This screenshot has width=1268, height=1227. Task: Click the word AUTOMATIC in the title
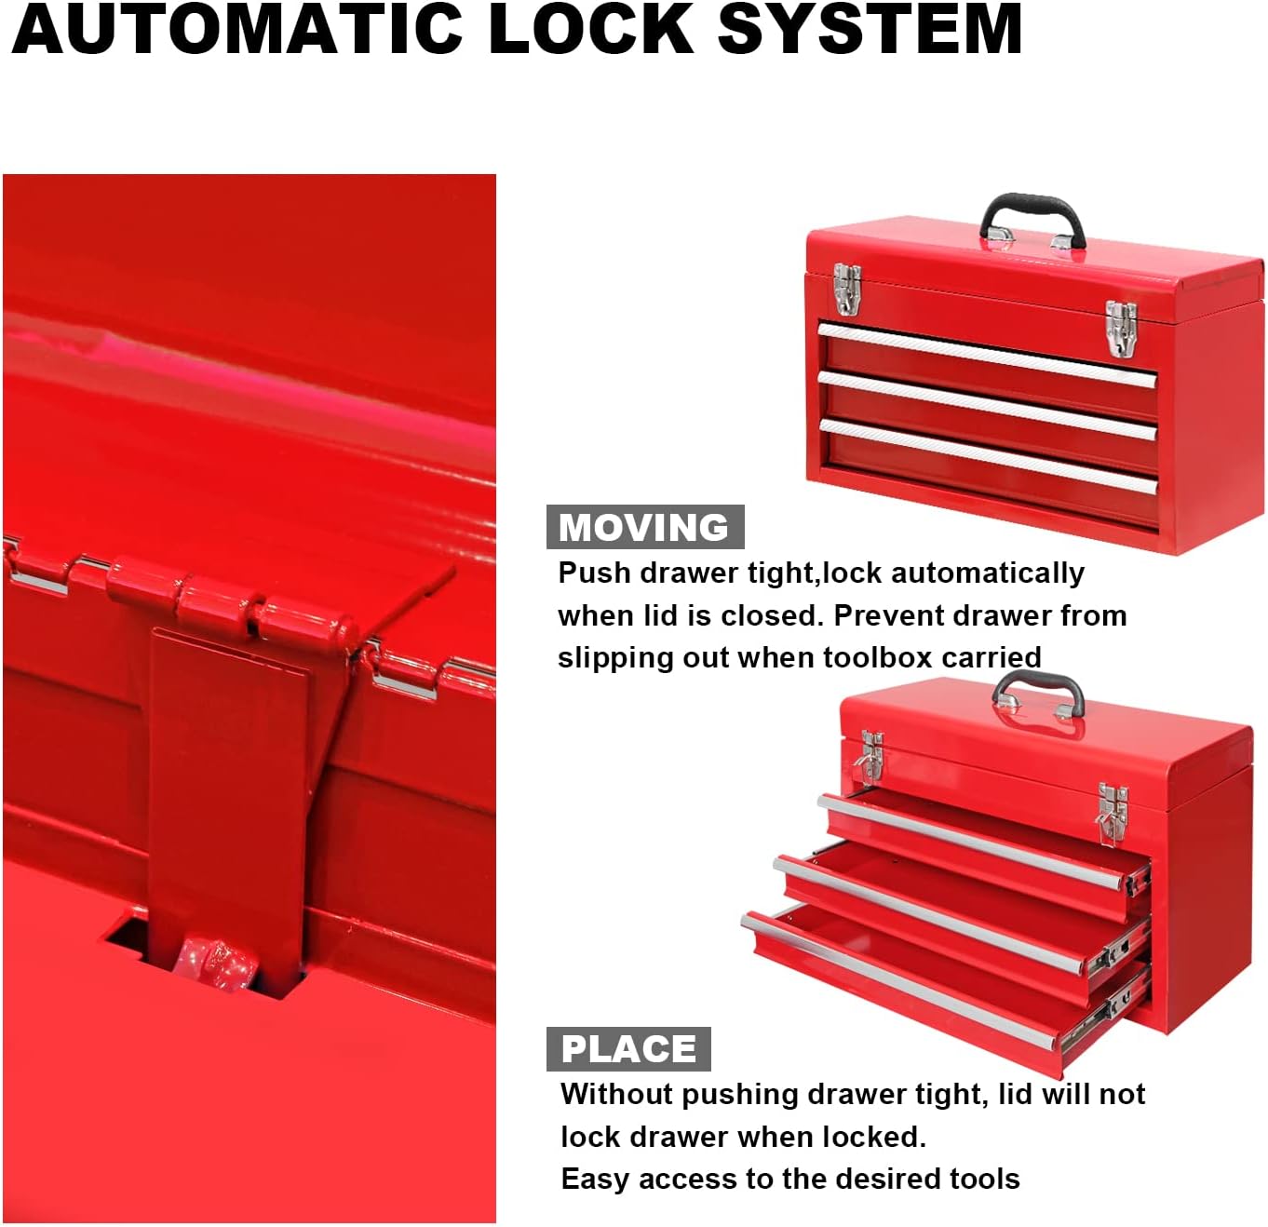tap(236, 28)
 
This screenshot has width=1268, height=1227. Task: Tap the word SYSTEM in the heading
tap(870, 28)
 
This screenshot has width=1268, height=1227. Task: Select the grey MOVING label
tap(645, 527)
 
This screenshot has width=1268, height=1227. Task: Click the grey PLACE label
tap(628, 1049)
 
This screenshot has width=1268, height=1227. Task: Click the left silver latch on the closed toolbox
tap(847, 290)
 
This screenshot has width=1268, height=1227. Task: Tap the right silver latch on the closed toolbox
tap(1121, 329)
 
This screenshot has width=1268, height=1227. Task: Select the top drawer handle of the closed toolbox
tap(987, 355)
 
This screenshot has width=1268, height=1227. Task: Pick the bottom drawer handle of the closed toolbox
tap(988, 456)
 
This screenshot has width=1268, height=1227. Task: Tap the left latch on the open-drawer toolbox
tap(870, 755)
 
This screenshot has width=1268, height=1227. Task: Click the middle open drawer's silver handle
tap(928, 913)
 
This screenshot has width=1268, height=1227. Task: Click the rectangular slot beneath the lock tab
tap(205, 958)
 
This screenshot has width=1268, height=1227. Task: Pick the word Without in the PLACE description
tap(617, 1094)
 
